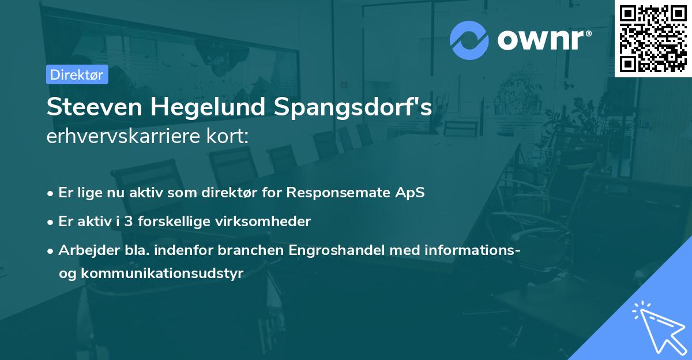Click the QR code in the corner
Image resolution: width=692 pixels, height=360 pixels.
coord(653,38)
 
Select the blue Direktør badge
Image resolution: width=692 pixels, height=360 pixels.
coord(77,74)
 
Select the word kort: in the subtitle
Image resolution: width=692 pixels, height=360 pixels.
coord(229,137)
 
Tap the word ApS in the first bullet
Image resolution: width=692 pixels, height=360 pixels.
coord(411,192)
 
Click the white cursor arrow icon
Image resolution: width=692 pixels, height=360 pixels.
coord(657,328)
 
